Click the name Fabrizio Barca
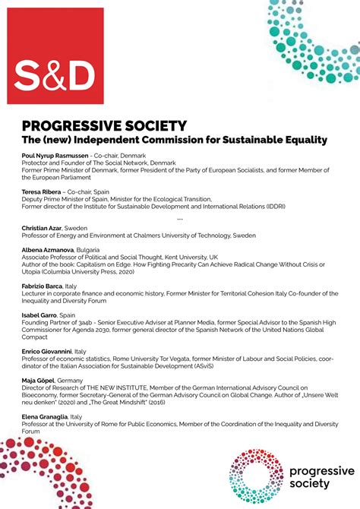pos(43,286)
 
